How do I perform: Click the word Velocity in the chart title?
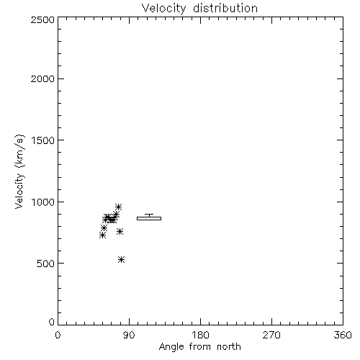click(x=163, y=9)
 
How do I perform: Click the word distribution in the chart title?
click(x=225, y=8)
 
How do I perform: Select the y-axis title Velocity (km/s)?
click(x=19, y=171)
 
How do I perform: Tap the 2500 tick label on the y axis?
click(x=42, y=19)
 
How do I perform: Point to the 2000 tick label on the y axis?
click(x=42, y=78)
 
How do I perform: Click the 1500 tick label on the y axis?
click(x=43, y=140)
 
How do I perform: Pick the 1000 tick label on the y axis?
click(x=43, y=202)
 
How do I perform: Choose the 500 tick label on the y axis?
click(x=46, y=264)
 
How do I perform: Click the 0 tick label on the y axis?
click(x=52, y=322)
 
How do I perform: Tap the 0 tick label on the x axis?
click(x=58, y=335)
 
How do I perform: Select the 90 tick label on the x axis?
click(x=129, y=335)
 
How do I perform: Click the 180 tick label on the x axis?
click(x=200, y=335)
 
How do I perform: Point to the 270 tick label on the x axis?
click(x=271, y=335)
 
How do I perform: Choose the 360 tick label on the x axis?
click(x=343, y=335)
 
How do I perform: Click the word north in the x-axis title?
click(x=229, y=347)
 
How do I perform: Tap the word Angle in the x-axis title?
click(x=171, y=347)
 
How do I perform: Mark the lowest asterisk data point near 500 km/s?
click(x=122, y=259)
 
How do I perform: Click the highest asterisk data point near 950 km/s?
click(x=118, y=207)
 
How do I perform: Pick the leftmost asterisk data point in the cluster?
click(x=102, y=235)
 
